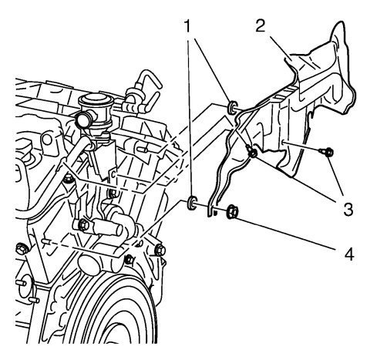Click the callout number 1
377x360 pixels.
coord(188,26)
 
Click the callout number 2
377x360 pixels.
coord(261,25)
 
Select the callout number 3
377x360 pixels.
coord(348,209)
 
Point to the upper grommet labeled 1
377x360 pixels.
coord(232,107)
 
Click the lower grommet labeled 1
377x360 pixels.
coord(192,202)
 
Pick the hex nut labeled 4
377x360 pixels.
coord(232,211)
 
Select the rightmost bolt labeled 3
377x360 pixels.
coord(327,153)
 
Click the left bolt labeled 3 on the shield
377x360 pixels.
coord(251,152)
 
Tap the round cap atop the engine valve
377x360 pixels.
coord(95,99)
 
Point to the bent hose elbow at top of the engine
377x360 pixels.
coord(148,85)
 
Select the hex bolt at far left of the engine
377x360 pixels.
coord(22,248)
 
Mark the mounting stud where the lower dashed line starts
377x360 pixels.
coord(45,242)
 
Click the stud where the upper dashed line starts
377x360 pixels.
coord(143,149)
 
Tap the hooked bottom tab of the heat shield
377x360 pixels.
coord(210,211)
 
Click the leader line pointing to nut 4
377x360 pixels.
coord(287,234)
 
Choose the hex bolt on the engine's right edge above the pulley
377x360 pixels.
coord(160,250)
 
